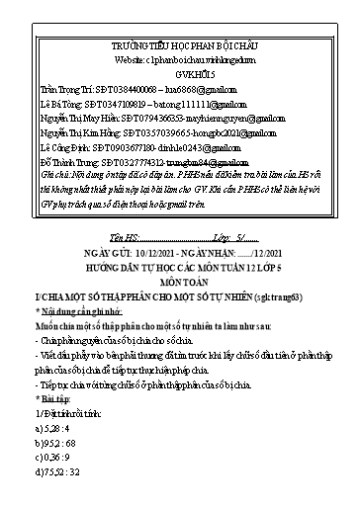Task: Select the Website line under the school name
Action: click(179, 58)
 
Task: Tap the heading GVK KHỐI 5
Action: click(179, 71)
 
